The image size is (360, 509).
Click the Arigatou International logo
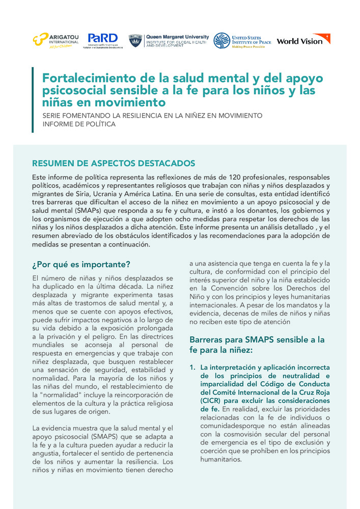click(x=56, y=40)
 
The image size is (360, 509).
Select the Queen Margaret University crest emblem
click(x=135, y=40)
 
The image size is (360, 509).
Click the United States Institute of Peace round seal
click(x=221, y=40)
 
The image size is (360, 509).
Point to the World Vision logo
click(x=303, y=40)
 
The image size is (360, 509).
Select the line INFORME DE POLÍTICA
click(x=79, y=124)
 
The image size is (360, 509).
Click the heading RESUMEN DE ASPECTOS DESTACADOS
click(x=114, y=163)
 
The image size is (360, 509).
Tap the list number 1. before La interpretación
click(x=192, y=367)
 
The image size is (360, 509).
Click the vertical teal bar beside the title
click(x=33, y=100)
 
